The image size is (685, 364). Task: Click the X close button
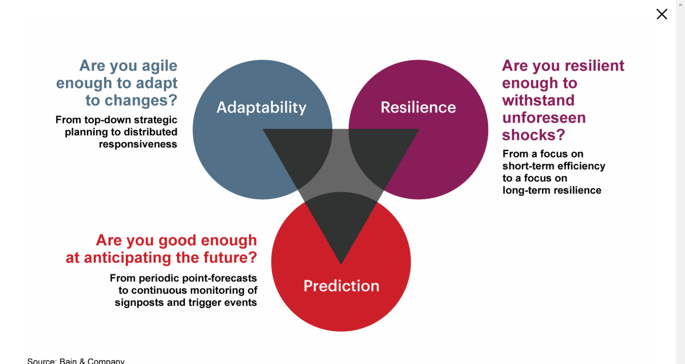click(x=662, y=14)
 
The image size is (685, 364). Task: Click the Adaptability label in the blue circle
click(x=262, y=107)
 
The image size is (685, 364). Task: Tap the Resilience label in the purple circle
click(x=418, y=107)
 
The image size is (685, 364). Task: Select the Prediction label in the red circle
click(x=341, y=286)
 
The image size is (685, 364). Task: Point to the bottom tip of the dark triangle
click(x=341, y=264)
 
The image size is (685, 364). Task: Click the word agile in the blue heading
click(x=159, y=66)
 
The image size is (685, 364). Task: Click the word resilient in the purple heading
click(x=595, y=66)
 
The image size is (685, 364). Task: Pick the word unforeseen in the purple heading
click(x=544, y=118)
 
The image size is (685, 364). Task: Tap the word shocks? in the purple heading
click(x=534, y=135)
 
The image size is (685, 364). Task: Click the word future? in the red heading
click(x=230, y=257)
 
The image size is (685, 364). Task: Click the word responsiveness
click(x=138, y=144)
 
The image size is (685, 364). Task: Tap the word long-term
click(x=527, y=190)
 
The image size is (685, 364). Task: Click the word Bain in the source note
click(x=68, y=360)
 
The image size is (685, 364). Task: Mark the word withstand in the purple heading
click(x=538, y=100)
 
